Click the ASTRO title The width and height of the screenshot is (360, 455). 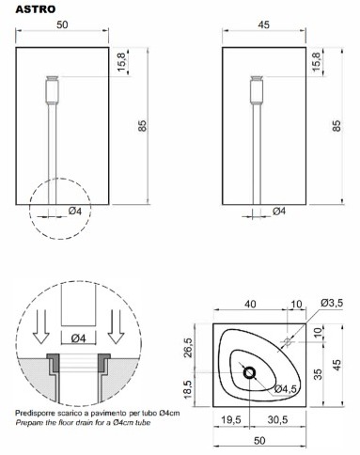[x=36, y=9]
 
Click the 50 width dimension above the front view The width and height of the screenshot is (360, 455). [x=62, y=24]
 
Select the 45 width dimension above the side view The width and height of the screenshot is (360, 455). [x=264, y=24]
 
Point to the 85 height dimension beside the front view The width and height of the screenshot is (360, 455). [x=143, y=126]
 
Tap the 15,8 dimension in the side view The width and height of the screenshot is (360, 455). [x=317, y=61]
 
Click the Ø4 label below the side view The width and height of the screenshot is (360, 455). [x=279, y=212]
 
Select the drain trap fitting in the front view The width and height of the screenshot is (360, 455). [x=53, y=90]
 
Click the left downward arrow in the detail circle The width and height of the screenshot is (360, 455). [x=41, y=327]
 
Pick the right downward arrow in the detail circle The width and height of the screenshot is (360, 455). [x=116, y=327]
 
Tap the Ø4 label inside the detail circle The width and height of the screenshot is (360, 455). [x=78, y=338]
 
